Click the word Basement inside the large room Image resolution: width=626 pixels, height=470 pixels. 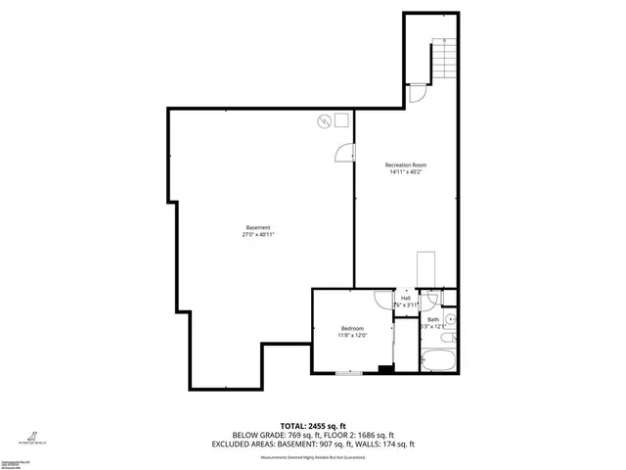(x=258, y=227)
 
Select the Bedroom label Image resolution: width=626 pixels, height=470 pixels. (x=352, y=328)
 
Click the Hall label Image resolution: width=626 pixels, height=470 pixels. (x=405, y=298)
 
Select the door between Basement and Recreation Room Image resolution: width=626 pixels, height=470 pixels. (x=346, y=153)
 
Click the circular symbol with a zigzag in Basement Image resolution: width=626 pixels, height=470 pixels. (x=323, y=121)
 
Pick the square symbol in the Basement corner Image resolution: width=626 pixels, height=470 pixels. (x=340, y=119)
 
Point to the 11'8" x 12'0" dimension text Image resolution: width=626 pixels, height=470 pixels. (x=352, y=336)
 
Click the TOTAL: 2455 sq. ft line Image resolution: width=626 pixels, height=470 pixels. (x=312, y=426)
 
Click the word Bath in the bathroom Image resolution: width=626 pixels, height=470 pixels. (x=433, y=319)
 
